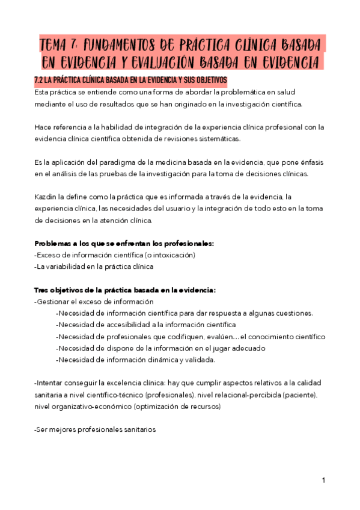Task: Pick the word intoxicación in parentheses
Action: (x=171, y=255)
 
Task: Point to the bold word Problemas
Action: (x=53, y=243)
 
